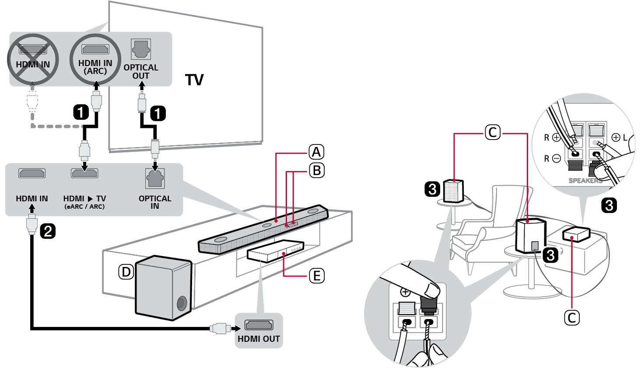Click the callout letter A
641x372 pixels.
[x=316, y=152]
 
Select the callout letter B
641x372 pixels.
[x=317, y=170]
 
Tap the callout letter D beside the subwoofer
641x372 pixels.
[x=126, y=272]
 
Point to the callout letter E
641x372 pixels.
[x=316, y=276]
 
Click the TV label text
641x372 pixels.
[x=194, y=80]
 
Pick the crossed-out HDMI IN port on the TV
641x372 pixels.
[x=33, y=49]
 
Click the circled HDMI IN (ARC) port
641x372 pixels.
[x=95, y=49]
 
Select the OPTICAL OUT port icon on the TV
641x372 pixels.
[x=141, y=49]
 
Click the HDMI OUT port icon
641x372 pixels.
[x=259, y=325]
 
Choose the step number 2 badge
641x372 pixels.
[x=48, y=231]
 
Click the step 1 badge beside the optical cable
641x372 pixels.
[x=158, y=113]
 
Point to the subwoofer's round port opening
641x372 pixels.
[x=182, y=303]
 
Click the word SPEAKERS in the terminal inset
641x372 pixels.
[x=585, y=180]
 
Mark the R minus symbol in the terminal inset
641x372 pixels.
[x=556, y=158]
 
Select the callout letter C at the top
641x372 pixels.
[x=493, y=132]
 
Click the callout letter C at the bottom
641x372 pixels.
[x=572, y=317]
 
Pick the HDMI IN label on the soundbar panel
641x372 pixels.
[x=32, y=199]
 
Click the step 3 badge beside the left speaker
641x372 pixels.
[x=432, y=189]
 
